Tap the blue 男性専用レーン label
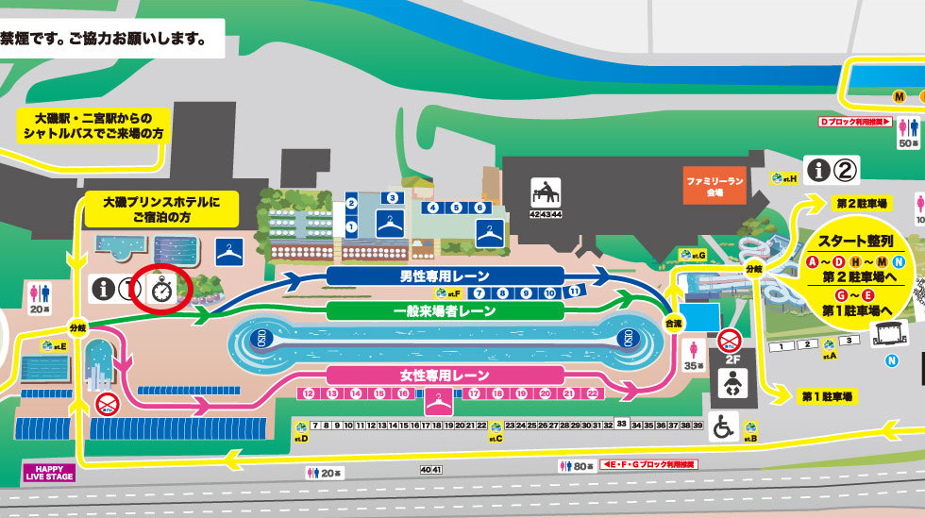click(445, 276)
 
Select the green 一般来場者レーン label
click(445, 310)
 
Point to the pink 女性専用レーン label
click(445, 376)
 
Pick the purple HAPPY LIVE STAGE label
click(48, 472)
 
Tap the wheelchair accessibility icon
click(723, 427)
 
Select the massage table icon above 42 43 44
click(546, 192)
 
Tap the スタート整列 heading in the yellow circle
click(854, 240)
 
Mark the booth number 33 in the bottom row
click(622, 424)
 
